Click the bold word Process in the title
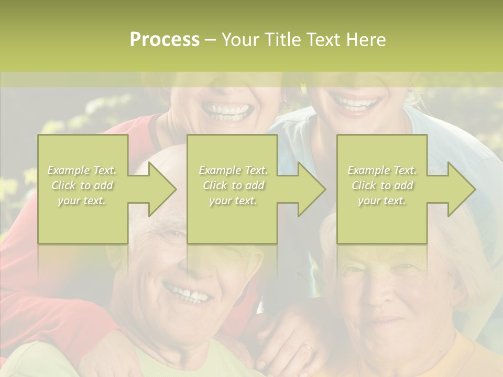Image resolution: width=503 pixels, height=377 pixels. coord(165,40)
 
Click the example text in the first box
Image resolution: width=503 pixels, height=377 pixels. coord(82,185)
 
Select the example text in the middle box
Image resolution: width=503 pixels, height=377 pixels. coord(233,185)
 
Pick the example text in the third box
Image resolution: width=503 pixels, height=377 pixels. coord(382,185)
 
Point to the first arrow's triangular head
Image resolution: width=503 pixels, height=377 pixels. coord(163,189)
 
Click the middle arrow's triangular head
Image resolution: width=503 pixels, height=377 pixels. coord(312,189)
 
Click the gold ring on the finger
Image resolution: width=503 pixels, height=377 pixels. coord(309,347)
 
